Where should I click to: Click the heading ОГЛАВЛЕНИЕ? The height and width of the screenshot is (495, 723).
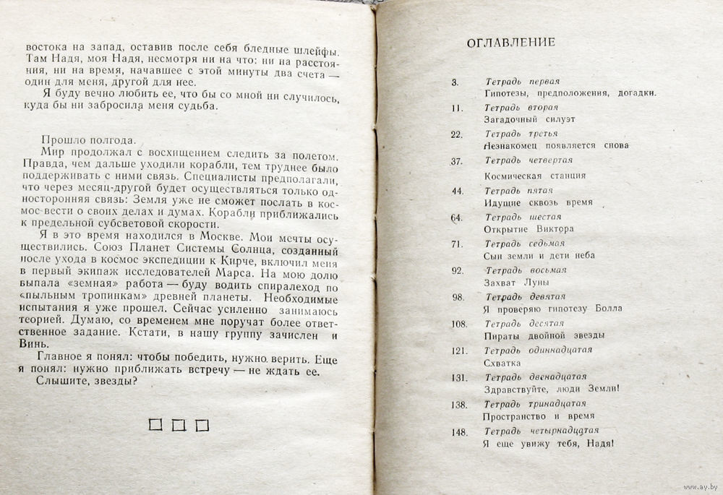510,42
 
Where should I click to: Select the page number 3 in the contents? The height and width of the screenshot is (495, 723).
455,82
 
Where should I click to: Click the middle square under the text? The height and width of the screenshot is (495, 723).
179,425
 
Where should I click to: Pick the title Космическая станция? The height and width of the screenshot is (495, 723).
534,176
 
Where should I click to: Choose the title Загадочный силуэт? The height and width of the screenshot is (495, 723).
529,119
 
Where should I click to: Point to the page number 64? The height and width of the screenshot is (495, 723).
456,218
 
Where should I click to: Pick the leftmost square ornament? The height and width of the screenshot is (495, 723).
155,425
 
